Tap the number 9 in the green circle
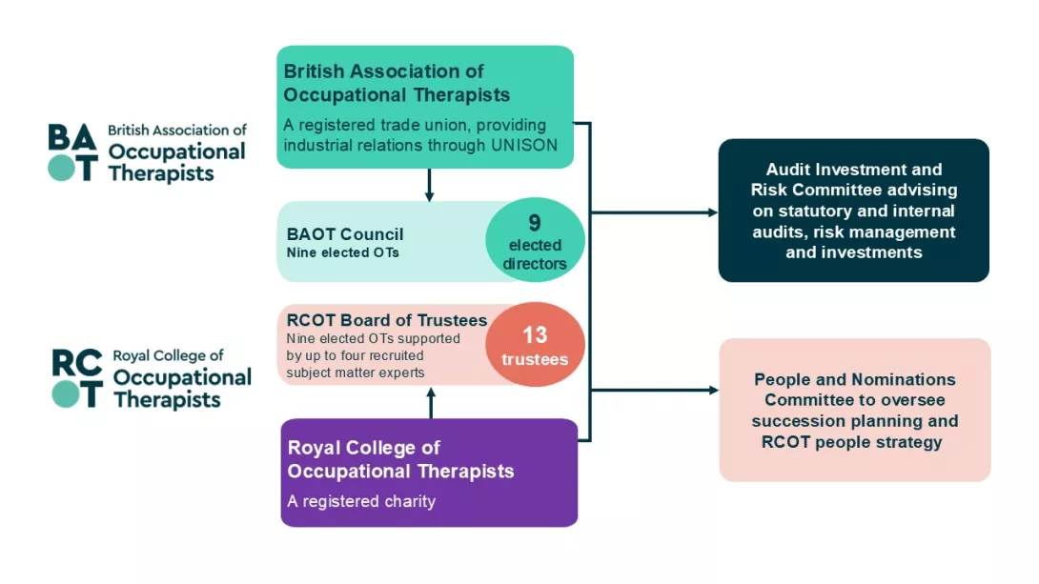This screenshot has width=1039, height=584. point(535,223)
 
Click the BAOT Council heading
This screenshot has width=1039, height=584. point(345,234)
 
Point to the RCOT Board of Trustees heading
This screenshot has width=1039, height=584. point(387,320)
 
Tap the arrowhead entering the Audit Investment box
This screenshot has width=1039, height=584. point(712,212)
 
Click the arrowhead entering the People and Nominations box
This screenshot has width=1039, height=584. point(712,391)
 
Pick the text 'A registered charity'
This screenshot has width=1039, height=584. point(361,501)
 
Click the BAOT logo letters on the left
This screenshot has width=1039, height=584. point(73,151)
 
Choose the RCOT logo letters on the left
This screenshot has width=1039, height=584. point(76,379)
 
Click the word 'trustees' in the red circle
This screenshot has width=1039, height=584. point(535,360)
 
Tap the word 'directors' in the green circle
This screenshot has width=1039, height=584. point(535,264)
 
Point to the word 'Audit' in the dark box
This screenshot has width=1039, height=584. point(787,170)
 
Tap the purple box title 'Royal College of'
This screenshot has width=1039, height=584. point(364,448)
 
